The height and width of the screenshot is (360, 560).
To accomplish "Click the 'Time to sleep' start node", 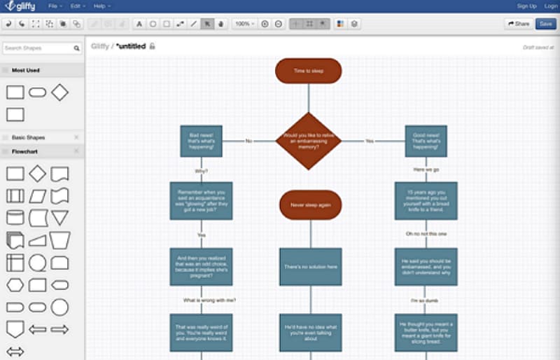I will click(x=308, y=71).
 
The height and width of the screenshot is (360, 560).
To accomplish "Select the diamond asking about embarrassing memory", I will click(x=308, y=141).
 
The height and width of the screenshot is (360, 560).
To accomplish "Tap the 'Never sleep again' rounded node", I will click(x=310, y=205).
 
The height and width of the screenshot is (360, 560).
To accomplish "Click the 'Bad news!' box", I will click(x=201, y=141).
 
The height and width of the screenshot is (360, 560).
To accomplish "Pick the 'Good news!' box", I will click(x=426, y=141).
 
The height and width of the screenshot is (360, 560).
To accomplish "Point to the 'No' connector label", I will click(x=248, y=141).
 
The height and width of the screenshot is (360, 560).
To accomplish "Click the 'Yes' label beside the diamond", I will click(x=369, y=141).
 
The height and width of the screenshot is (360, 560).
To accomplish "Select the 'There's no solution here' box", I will click(x=310, y=266).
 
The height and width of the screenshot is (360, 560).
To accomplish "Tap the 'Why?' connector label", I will click(x=201, y=171).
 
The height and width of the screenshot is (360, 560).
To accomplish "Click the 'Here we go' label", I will click(x=426, y=170).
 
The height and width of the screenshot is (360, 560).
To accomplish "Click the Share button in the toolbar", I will click(x=519, y=24).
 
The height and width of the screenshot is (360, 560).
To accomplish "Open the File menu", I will click(x=55, y=6).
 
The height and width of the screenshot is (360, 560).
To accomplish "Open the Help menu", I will click(x=101, y=6).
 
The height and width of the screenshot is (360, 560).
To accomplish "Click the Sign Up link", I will click(x=526, y=6).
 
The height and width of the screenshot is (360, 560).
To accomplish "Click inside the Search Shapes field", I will click(x=38, y=48).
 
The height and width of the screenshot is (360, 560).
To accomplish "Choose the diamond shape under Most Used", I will click(x=60, y=92).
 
